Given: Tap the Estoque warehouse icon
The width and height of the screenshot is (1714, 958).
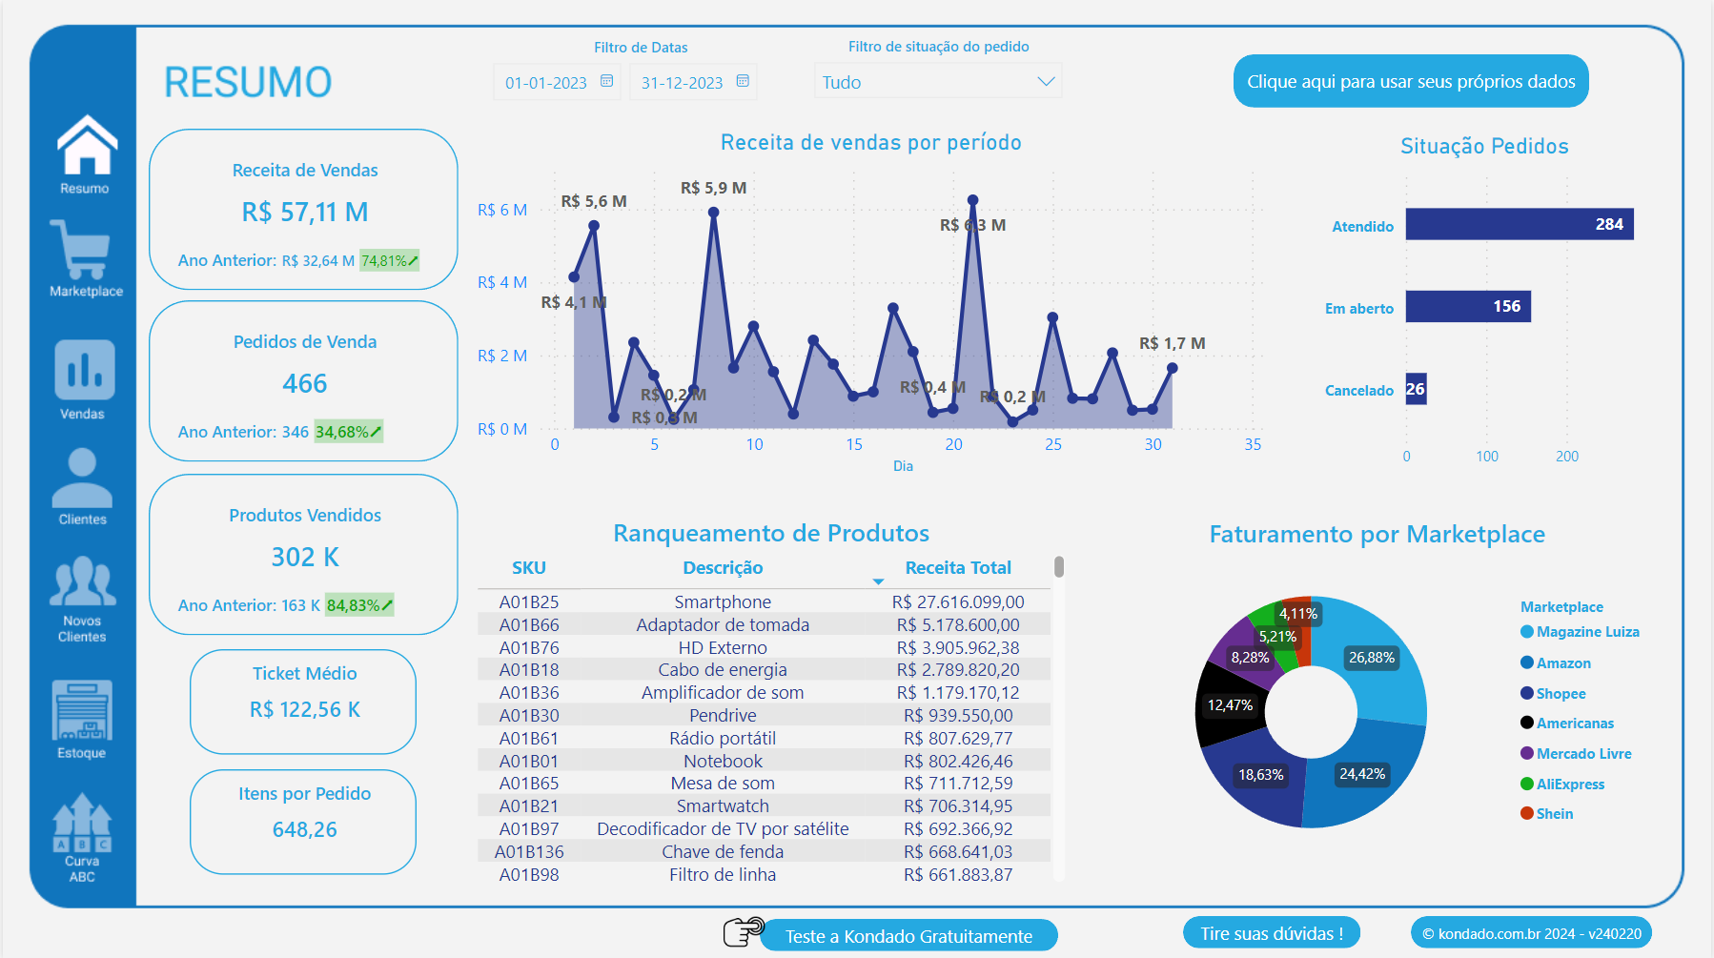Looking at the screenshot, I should [82, 710].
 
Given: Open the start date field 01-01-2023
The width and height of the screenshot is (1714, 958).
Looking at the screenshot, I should [546, 83].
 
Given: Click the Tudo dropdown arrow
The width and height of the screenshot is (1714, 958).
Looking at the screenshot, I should [1046, 82].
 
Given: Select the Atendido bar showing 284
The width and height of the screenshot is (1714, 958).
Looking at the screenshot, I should [1519, 225].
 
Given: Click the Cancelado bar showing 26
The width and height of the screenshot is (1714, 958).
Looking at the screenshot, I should [1416, 389].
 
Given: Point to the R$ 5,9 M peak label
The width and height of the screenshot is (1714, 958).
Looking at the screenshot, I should [713, 188].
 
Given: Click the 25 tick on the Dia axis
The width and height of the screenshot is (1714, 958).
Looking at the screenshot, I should [1052, 444].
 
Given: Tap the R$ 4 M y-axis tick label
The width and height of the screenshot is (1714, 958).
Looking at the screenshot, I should [501, 282].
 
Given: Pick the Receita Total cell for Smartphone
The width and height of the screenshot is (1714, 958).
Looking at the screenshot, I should [957, 602].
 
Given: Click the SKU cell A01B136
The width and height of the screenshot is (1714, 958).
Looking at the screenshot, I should [529, 851].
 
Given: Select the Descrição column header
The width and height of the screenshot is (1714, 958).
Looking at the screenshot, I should [723, 568].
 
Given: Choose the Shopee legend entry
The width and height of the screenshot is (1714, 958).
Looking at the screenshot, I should [1561, 694].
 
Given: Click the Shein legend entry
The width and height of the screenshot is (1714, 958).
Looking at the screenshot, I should [1554, 814].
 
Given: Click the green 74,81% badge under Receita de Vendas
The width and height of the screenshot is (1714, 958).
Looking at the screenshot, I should [388, 260].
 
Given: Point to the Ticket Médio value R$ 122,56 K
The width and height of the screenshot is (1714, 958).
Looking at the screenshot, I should [304, 710].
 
